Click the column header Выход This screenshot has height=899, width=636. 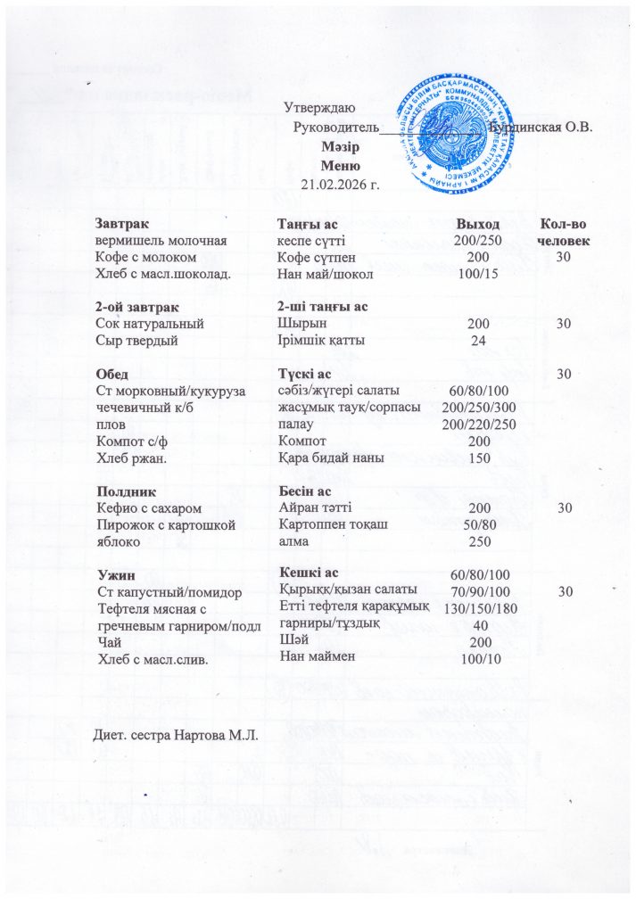pyautogui.click(x=476, y=223)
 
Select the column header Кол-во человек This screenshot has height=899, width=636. pyautogui.click(x=564, y=232)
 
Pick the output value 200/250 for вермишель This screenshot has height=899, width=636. pyautogui.click(x=477, y=241)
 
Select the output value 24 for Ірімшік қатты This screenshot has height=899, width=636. pyautogui.click(x=477, y=339)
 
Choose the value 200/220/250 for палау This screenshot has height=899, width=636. pyautogui.click(x=477, y=425)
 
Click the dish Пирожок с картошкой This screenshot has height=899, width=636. pyautogui.click(x=164, y=524)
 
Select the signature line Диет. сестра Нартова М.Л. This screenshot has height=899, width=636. pyautogui.click(x=176, y=735)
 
